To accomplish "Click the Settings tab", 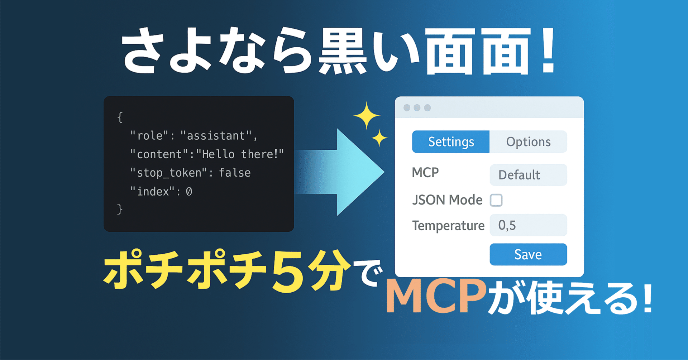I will click(450, 142).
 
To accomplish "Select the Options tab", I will click(528, 142).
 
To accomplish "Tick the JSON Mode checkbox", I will click(496, 200).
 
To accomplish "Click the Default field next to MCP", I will click(528, 175).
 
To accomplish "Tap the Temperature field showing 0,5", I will click(528, 225).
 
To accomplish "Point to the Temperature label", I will click(448, 226).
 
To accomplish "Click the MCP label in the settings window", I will click(425, 173).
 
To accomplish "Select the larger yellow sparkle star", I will click(367, 115).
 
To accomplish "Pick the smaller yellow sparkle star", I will click(379, 138).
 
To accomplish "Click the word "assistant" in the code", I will click(216, 136).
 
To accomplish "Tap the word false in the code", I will click(235, 173).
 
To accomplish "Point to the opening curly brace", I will click(120, 117).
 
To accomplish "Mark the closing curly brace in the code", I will click(120, 209).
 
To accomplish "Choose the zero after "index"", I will click(189, 192).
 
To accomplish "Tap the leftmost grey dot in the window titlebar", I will click(407, 108).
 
